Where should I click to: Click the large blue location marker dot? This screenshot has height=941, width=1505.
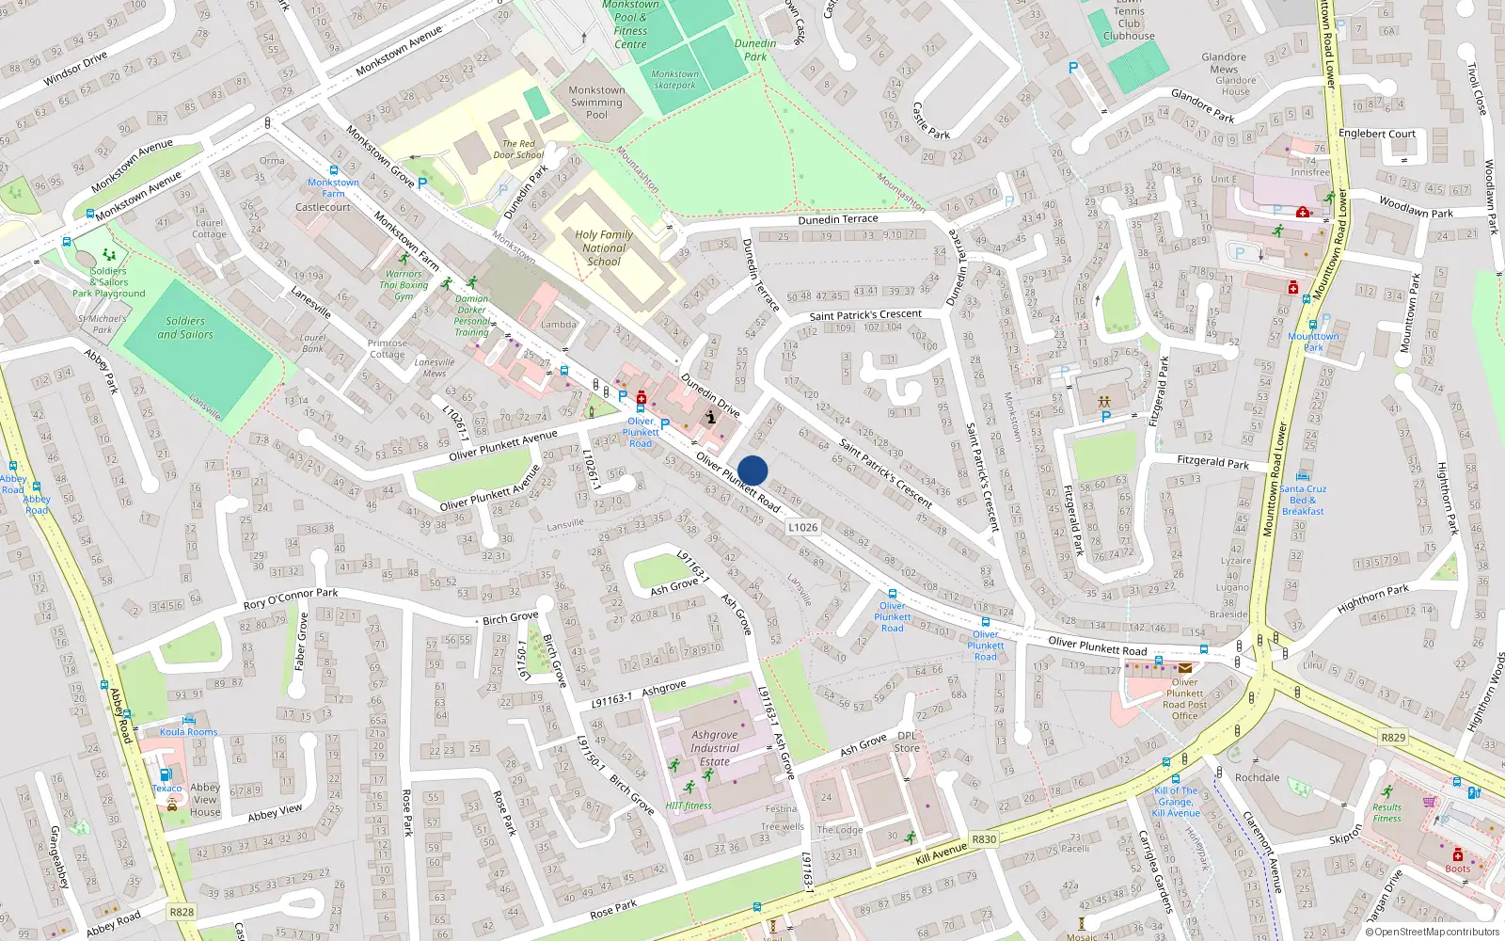752,470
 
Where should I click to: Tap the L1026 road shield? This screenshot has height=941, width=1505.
802,527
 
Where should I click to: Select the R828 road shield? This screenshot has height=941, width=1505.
182,912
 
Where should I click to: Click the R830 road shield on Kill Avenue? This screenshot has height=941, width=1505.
984,839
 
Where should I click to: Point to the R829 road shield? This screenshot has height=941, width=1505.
1392,737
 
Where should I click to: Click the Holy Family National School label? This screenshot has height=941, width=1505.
604,248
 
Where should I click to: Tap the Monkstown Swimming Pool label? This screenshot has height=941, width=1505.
596,103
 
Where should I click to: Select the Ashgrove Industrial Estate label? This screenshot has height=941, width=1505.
715,748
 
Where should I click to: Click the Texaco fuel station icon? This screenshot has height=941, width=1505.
166,774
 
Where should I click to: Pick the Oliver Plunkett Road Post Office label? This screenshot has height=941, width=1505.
1185,698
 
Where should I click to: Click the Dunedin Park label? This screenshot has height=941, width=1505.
755,50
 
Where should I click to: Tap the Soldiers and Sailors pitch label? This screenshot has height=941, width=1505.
185,327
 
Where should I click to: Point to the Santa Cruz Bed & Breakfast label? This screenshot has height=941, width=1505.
1303,500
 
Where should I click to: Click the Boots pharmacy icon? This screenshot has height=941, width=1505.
1457,854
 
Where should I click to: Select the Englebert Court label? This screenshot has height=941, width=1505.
1376,134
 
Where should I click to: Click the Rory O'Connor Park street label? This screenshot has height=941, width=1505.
290,598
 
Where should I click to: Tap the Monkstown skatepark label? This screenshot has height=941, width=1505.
675,79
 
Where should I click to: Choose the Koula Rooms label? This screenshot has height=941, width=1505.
188,732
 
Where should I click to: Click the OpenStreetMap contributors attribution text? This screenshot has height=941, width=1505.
1433,932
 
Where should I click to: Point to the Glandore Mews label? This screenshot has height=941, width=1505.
1224,63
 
